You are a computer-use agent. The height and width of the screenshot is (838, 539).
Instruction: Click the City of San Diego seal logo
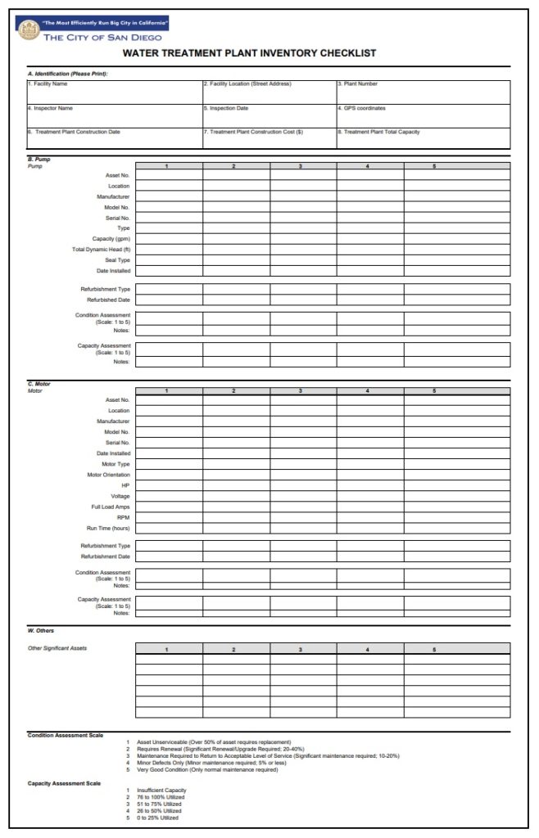27,30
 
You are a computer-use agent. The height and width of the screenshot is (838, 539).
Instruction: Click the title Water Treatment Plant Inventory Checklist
249,53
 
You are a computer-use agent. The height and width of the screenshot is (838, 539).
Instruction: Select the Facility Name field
114,92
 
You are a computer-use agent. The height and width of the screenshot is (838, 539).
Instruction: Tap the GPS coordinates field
423,115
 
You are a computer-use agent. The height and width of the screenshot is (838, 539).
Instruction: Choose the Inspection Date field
268,115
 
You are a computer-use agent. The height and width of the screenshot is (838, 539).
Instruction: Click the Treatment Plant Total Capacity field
423,138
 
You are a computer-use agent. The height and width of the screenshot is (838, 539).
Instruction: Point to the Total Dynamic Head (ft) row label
102,249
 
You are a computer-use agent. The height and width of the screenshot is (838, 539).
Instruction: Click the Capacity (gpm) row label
111,238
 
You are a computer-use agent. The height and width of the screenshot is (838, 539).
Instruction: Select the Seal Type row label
117,259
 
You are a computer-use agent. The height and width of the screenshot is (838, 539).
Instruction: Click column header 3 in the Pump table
301,166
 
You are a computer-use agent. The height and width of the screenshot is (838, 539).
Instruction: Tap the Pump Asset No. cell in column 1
168,175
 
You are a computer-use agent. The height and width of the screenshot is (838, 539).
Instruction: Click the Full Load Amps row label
111,507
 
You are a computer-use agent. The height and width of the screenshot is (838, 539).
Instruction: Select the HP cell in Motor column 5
456,485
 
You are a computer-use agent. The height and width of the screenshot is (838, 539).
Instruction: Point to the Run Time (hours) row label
108,528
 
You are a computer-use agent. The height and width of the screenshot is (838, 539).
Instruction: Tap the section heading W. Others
42,631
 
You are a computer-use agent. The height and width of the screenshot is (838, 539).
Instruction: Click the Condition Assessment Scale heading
66,735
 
